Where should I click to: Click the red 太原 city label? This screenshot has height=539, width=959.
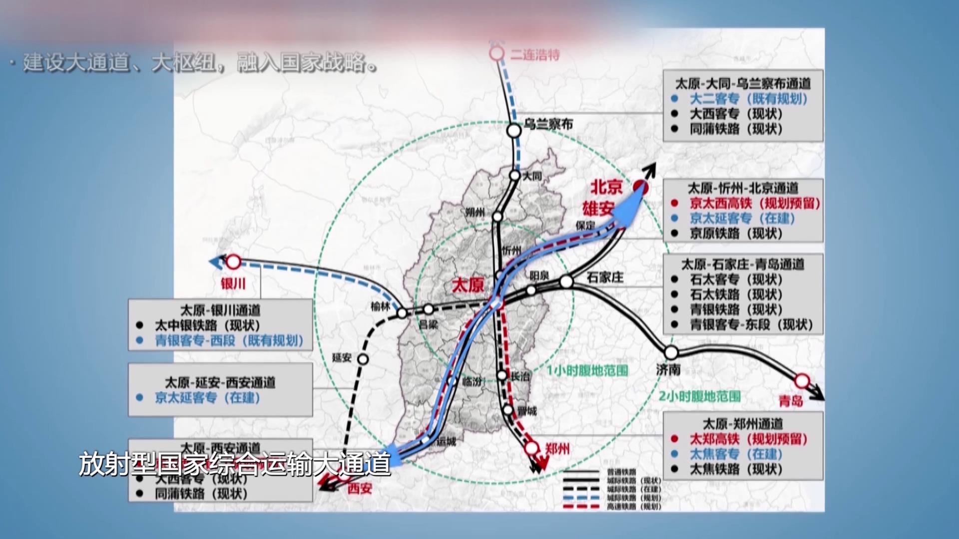468,285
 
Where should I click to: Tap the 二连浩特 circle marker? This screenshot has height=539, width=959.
497,53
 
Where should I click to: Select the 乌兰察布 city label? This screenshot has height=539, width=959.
548,124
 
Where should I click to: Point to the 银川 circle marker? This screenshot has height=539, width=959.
233,262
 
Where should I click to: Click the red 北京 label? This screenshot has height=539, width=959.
606,187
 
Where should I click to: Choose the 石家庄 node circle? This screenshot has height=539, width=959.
566,282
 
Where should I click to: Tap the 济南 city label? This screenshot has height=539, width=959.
668,370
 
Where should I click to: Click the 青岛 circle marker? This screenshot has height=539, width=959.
802,381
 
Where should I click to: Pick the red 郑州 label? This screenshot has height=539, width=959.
557,449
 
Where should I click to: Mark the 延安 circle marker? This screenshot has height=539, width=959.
363,359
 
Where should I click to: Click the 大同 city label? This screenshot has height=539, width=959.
532,176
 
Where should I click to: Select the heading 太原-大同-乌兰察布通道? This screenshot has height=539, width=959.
743,83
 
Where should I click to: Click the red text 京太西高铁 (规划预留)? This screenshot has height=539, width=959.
755,203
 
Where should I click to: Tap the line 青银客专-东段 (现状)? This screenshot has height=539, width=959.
751,325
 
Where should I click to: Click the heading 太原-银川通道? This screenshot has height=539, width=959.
220,310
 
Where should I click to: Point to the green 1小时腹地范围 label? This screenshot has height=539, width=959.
587,371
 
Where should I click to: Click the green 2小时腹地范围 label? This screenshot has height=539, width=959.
699,396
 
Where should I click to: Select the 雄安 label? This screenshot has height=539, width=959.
597,208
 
